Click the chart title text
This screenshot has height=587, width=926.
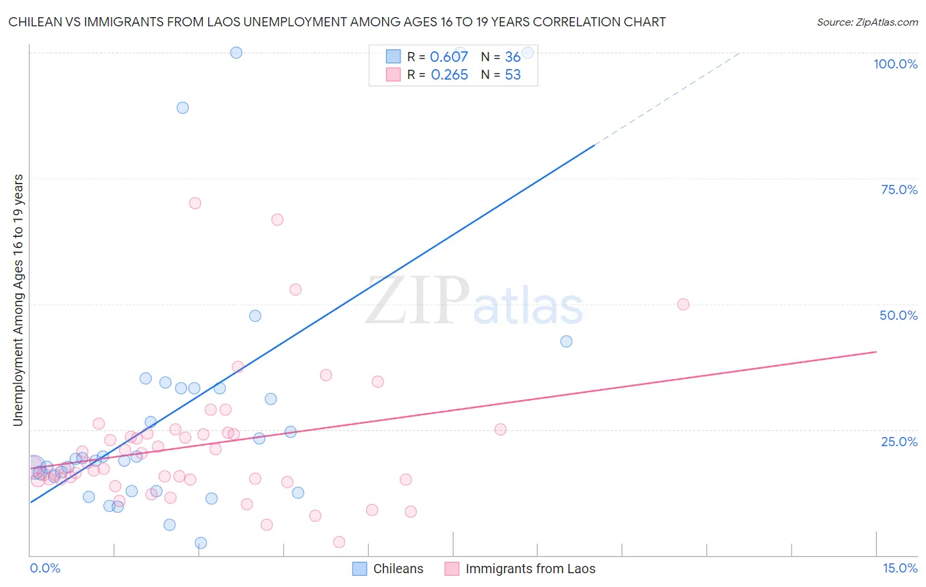(337, 22)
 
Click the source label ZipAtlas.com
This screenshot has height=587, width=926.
(867, 22)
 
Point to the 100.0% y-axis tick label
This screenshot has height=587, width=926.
(895, 64)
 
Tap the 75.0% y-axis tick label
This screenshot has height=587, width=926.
(899, 190)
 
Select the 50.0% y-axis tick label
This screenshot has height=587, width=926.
(898, 315)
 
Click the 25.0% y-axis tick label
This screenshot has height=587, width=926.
(899, 441)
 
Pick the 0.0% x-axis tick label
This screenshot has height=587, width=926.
(45, 568)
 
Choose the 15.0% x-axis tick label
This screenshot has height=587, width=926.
(900, 568)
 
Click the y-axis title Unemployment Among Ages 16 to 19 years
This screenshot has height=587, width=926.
(18, 300)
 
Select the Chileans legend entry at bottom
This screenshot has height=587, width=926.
(388, 569)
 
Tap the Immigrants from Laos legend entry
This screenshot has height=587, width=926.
(520, 569)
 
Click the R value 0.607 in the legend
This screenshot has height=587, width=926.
(449, 57)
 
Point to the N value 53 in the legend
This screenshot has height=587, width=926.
(512, 75)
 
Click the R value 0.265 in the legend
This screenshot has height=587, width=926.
(449, 75)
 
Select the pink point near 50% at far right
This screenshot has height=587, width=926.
(683, 304)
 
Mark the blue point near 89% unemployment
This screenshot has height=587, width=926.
(182, 108)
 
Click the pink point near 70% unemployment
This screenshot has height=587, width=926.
(195, 203)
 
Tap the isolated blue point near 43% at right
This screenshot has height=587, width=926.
(566, 342)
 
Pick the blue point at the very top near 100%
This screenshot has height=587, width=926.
(236, 53)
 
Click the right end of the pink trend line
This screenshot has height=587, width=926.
(876, 351)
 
